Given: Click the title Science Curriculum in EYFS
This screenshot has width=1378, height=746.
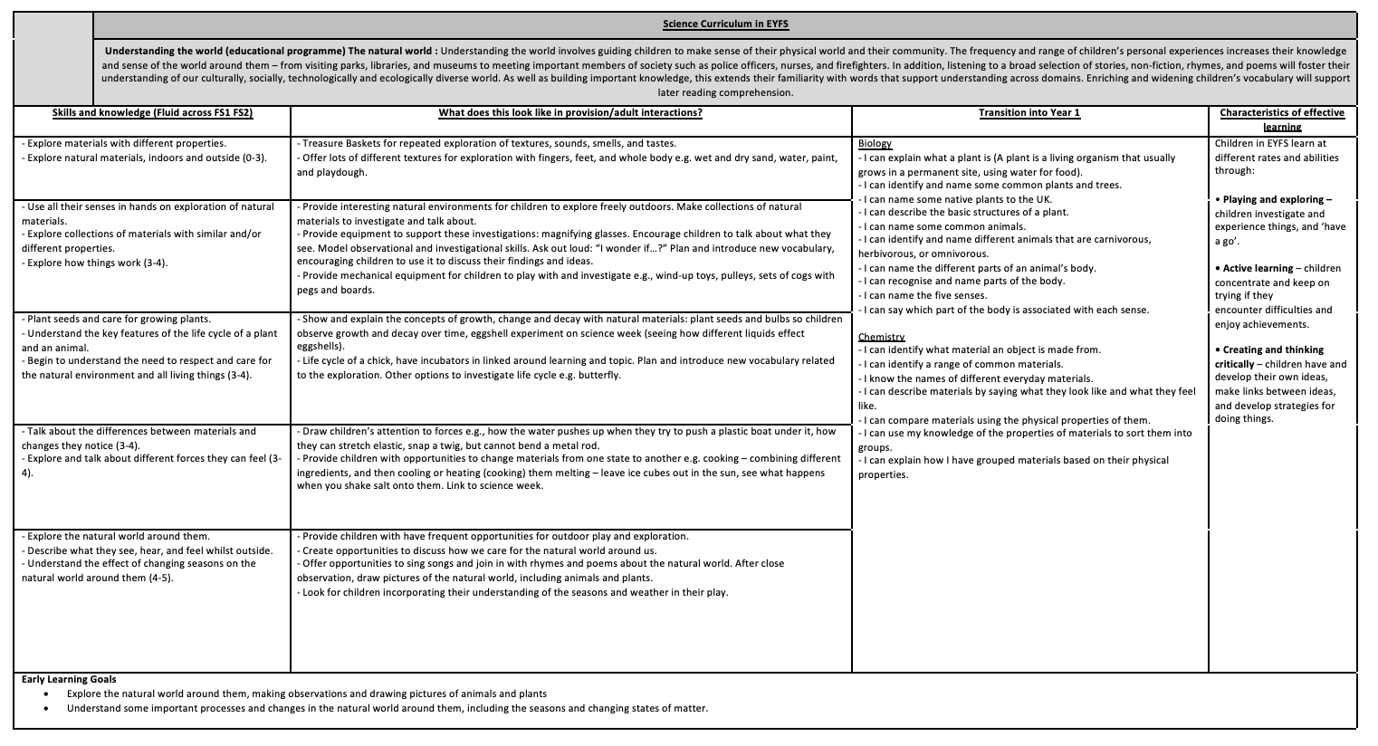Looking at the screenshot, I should (x=725, y=24).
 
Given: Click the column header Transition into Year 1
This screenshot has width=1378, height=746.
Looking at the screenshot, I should (x=1029, y=113).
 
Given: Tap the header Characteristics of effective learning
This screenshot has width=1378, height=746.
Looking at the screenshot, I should (x=1282, y=120).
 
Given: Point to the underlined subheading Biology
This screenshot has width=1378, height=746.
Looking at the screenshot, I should (x=874, y=144).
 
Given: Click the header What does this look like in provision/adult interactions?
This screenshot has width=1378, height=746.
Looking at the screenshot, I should (x=569, y=113).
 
